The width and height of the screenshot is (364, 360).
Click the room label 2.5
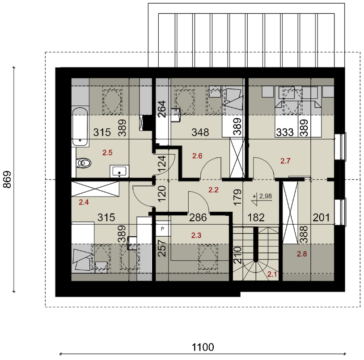107,153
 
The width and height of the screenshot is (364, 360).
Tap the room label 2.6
197,156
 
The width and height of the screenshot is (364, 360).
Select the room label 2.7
285,161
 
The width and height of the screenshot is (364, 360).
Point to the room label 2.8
302,254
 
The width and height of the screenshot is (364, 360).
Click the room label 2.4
84,202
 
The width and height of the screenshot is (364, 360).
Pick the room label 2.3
196,235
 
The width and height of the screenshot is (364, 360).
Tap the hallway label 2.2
213,190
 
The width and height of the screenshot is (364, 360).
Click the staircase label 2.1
272,274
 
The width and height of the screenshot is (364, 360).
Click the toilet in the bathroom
83,163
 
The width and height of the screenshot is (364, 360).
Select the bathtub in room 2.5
80,127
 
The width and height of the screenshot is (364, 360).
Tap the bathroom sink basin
119,172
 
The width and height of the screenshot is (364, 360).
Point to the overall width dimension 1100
203,347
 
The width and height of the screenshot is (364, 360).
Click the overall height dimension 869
8,180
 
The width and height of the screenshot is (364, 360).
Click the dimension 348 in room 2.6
200,132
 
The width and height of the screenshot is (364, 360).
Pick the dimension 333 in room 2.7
285,132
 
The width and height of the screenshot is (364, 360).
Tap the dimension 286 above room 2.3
198,218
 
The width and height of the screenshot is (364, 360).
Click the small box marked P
162,229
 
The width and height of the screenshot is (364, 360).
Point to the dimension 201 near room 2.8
321,218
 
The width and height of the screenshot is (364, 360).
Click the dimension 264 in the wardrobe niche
162,109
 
